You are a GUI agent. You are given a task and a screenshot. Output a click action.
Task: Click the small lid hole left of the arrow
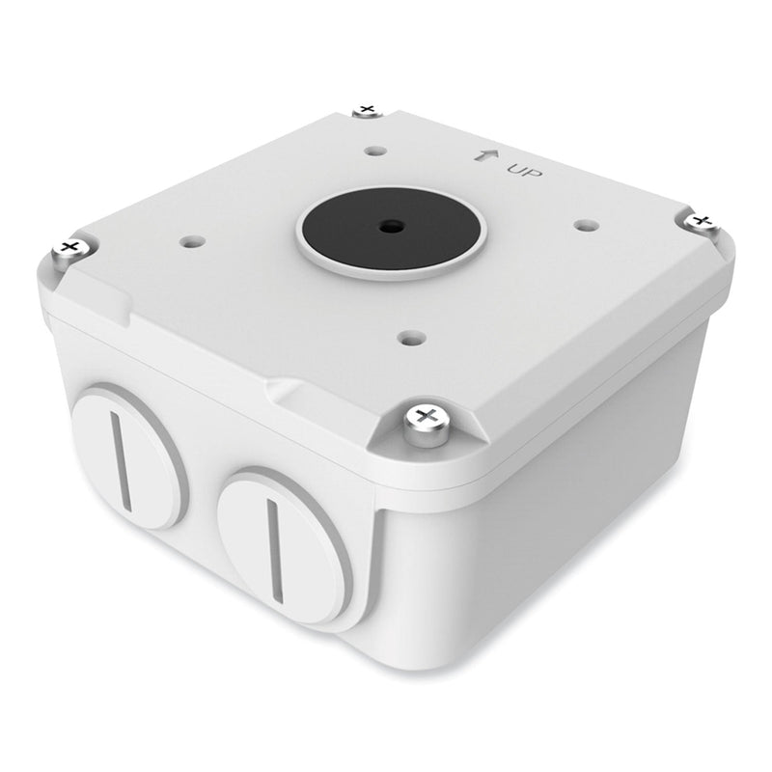373,150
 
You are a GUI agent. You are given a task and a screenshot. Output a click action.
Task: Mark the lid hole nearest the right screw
582,224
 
